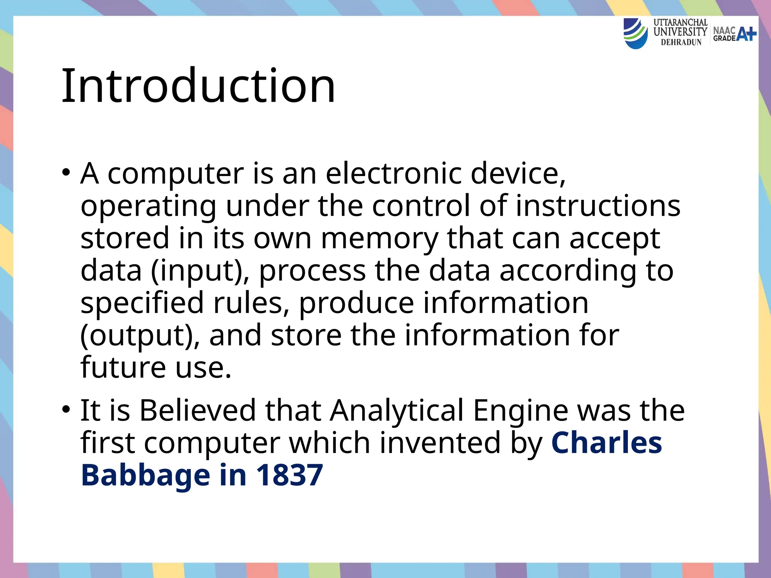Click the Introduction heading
(198, 86)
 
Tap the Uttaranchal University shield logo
(635, 33)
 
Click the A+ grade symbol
(746, 34)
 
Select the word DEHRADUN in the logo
(681, 43)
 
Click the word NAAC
(724, 30)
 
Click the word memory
(379, 238)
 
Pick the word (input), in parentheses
(200, 271)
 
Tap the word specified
(142, 303)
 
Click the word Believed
(198, 410)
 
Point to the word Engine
(520, 410)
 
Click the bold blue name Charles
(606, 443)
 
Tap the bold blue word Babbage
(145, 475)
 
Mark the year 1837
(289, 475)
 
